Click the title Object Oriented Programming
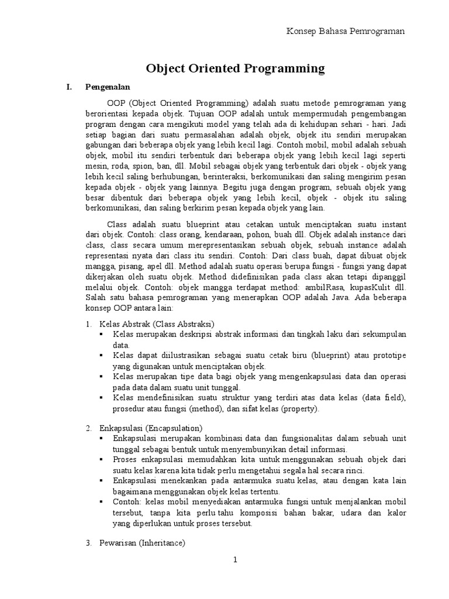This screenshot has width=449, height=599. coord(234,68)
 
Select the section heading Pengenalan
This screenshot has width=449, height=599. coord(107,87)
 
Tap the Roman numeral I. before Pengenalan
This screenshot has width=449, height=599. coord(68,87)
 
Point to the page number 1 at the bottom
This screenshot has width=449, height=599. coord(234,560)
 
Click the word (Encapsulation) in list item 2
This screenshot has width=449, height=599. coord(175,428)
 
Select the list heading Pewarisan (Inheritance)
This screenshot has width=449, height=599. coord(143,543)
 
